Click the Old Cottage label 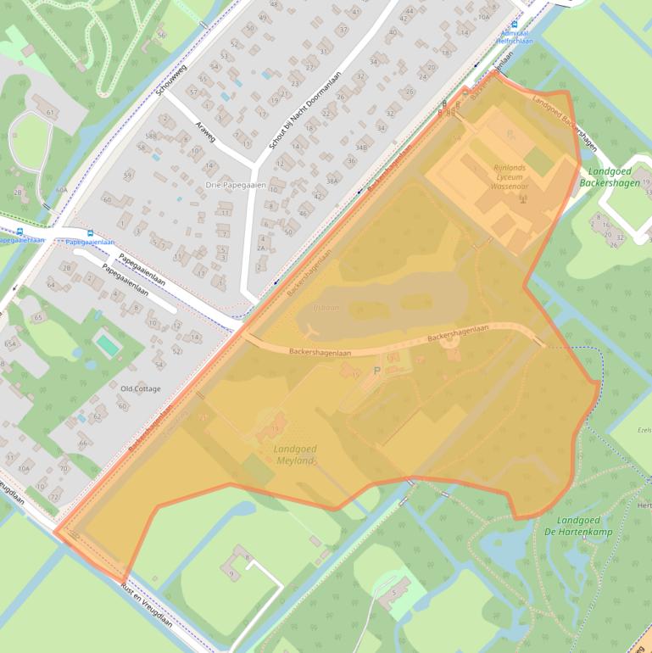[x=141, y=388]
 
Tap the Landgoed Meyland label [x=294, y=454]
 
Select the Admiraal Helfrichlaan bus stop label [x=514, y=36]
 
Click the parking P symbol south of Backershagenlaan [x=377, y=371]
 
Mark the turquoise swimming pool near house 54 [x=108, y=345]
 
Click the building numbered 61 [x=51, y=112]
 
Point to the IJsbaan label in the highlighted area [x=325, y=307]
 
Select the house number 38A [x=332, y=181]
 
